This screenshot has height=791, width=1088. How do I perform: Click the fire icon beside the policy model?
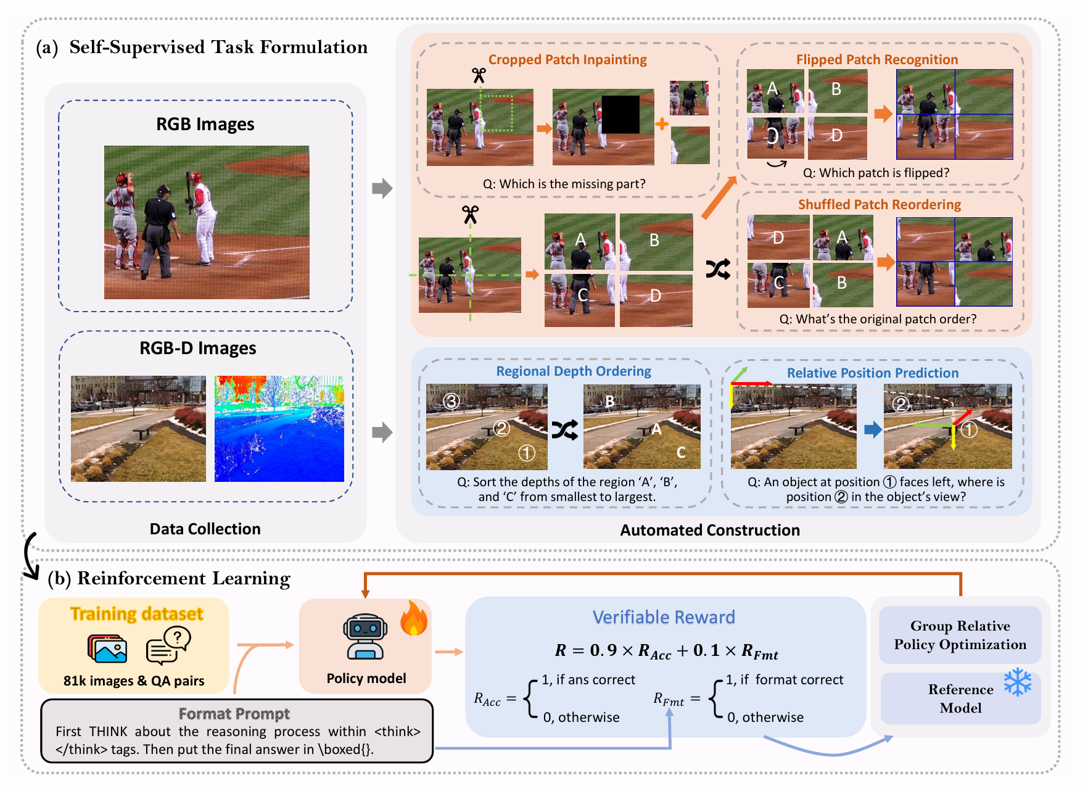tap(413, 618)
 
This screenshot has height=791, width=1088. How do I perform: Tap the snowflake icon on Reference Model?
tap(1017, 682)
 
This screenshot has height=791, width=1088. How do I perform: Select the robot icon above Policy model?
tap(365, 637)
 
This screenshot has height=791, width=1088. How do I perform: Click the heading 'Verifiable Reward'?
tap(664, 617)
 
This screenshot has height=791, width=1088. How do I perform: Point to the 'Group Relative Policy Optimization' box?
tap(960, 635)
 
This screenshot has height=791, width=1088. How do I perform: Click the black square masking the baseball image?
tap(620, 115)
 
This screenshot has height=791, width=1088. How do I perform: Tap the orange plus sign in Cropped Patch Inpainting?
tap(662, 124)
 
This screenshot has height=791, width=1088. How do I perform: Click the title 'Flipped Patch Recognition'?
tap(877, 59)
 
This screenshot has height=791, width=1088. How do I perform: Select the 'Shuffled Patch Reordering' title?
tap(880, 204)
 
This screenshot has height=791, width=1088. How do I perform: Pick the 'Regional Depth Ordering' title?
tap(574, 371)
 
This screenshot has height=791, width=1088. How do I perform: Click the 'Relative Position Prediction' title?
tap(873, 373)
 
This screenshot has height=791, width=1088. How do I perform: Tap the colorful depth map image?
tap(279, 429)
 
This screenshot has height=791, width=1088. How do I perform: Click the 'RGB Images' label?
tap(205, 124)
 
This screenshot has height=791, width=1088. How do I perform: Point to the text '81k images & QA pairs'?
tap(134, 681)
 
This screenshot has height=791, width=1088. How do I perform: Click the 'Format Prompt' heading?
tap(234, 714)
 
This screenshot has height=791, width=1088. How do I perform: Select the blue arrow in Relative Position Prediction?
tap(873, 429)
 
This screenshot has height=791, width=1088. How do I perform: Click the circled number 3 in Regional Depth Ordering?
tap(451, 401)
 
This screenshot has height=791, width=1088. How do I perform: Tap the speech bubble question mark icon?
tap(168, 645)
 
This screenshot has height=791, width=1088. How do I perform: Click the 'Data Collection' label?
tap(205, 529)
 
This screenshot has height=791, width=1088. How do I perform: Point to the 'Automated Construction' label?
tap(710, 530)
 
